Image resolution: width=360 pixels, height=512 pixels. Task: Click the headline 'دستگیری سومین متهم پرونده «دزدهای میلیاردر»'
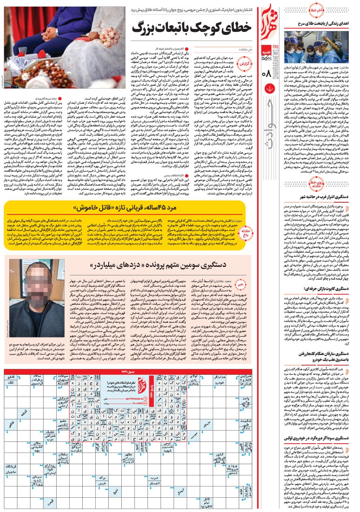tap(159, 266)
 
